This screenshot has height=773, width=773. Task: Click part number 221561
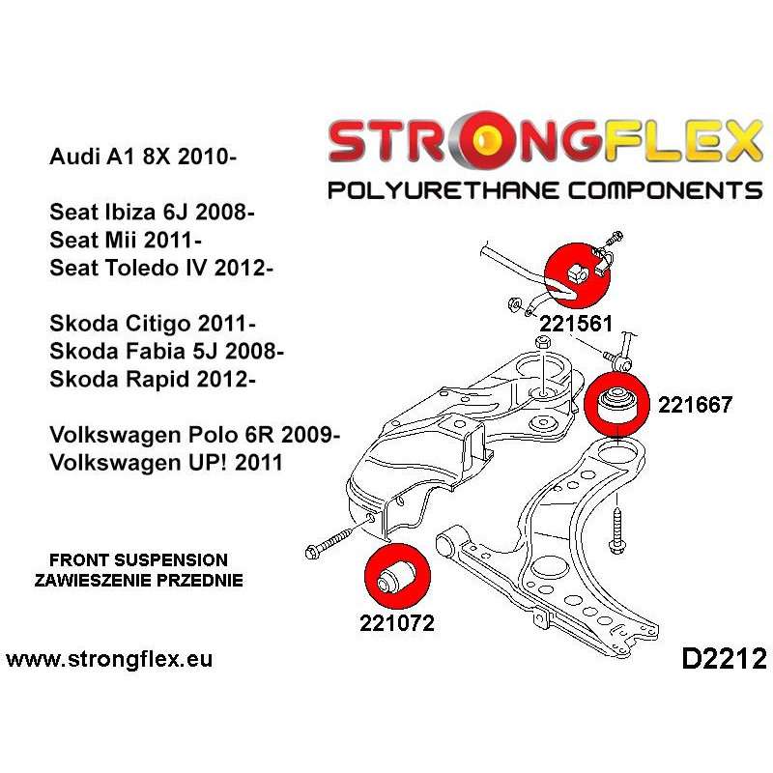pos(576,324)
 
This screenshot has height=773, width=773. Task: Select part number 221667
pos(695,405)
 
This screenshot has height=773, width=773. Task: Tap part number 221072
pos(397,622)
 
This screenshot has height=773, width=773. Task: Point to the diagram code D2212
pos(724,659)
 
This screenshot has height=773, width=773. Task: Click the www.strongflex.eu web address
pos(109,659)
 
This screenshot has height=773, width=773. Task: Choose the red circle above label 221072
pos(397,576)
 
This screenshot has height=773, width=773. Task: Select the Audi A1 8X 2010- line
pos(143,157)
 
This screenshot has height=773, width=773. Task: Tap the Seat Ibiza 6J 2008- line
pos(152,212)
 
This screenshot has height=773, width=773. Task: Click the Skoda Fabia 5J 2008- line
pos(166,351)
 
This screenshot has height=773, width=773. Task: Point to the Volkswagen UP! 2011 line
pos(166,463)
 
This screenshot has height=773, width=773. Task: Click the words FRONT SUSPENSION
pos(138,560)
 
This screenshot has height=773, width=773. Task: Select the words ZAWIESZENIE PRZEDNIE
pos(138,580)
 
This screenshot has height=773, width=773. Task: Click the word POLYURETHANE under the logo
pos(444,190)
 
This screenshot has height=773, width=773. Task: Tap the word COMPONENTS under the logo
pos(666,190)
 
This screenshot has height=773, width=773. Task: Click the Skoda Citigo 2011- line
pos(153,324)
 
